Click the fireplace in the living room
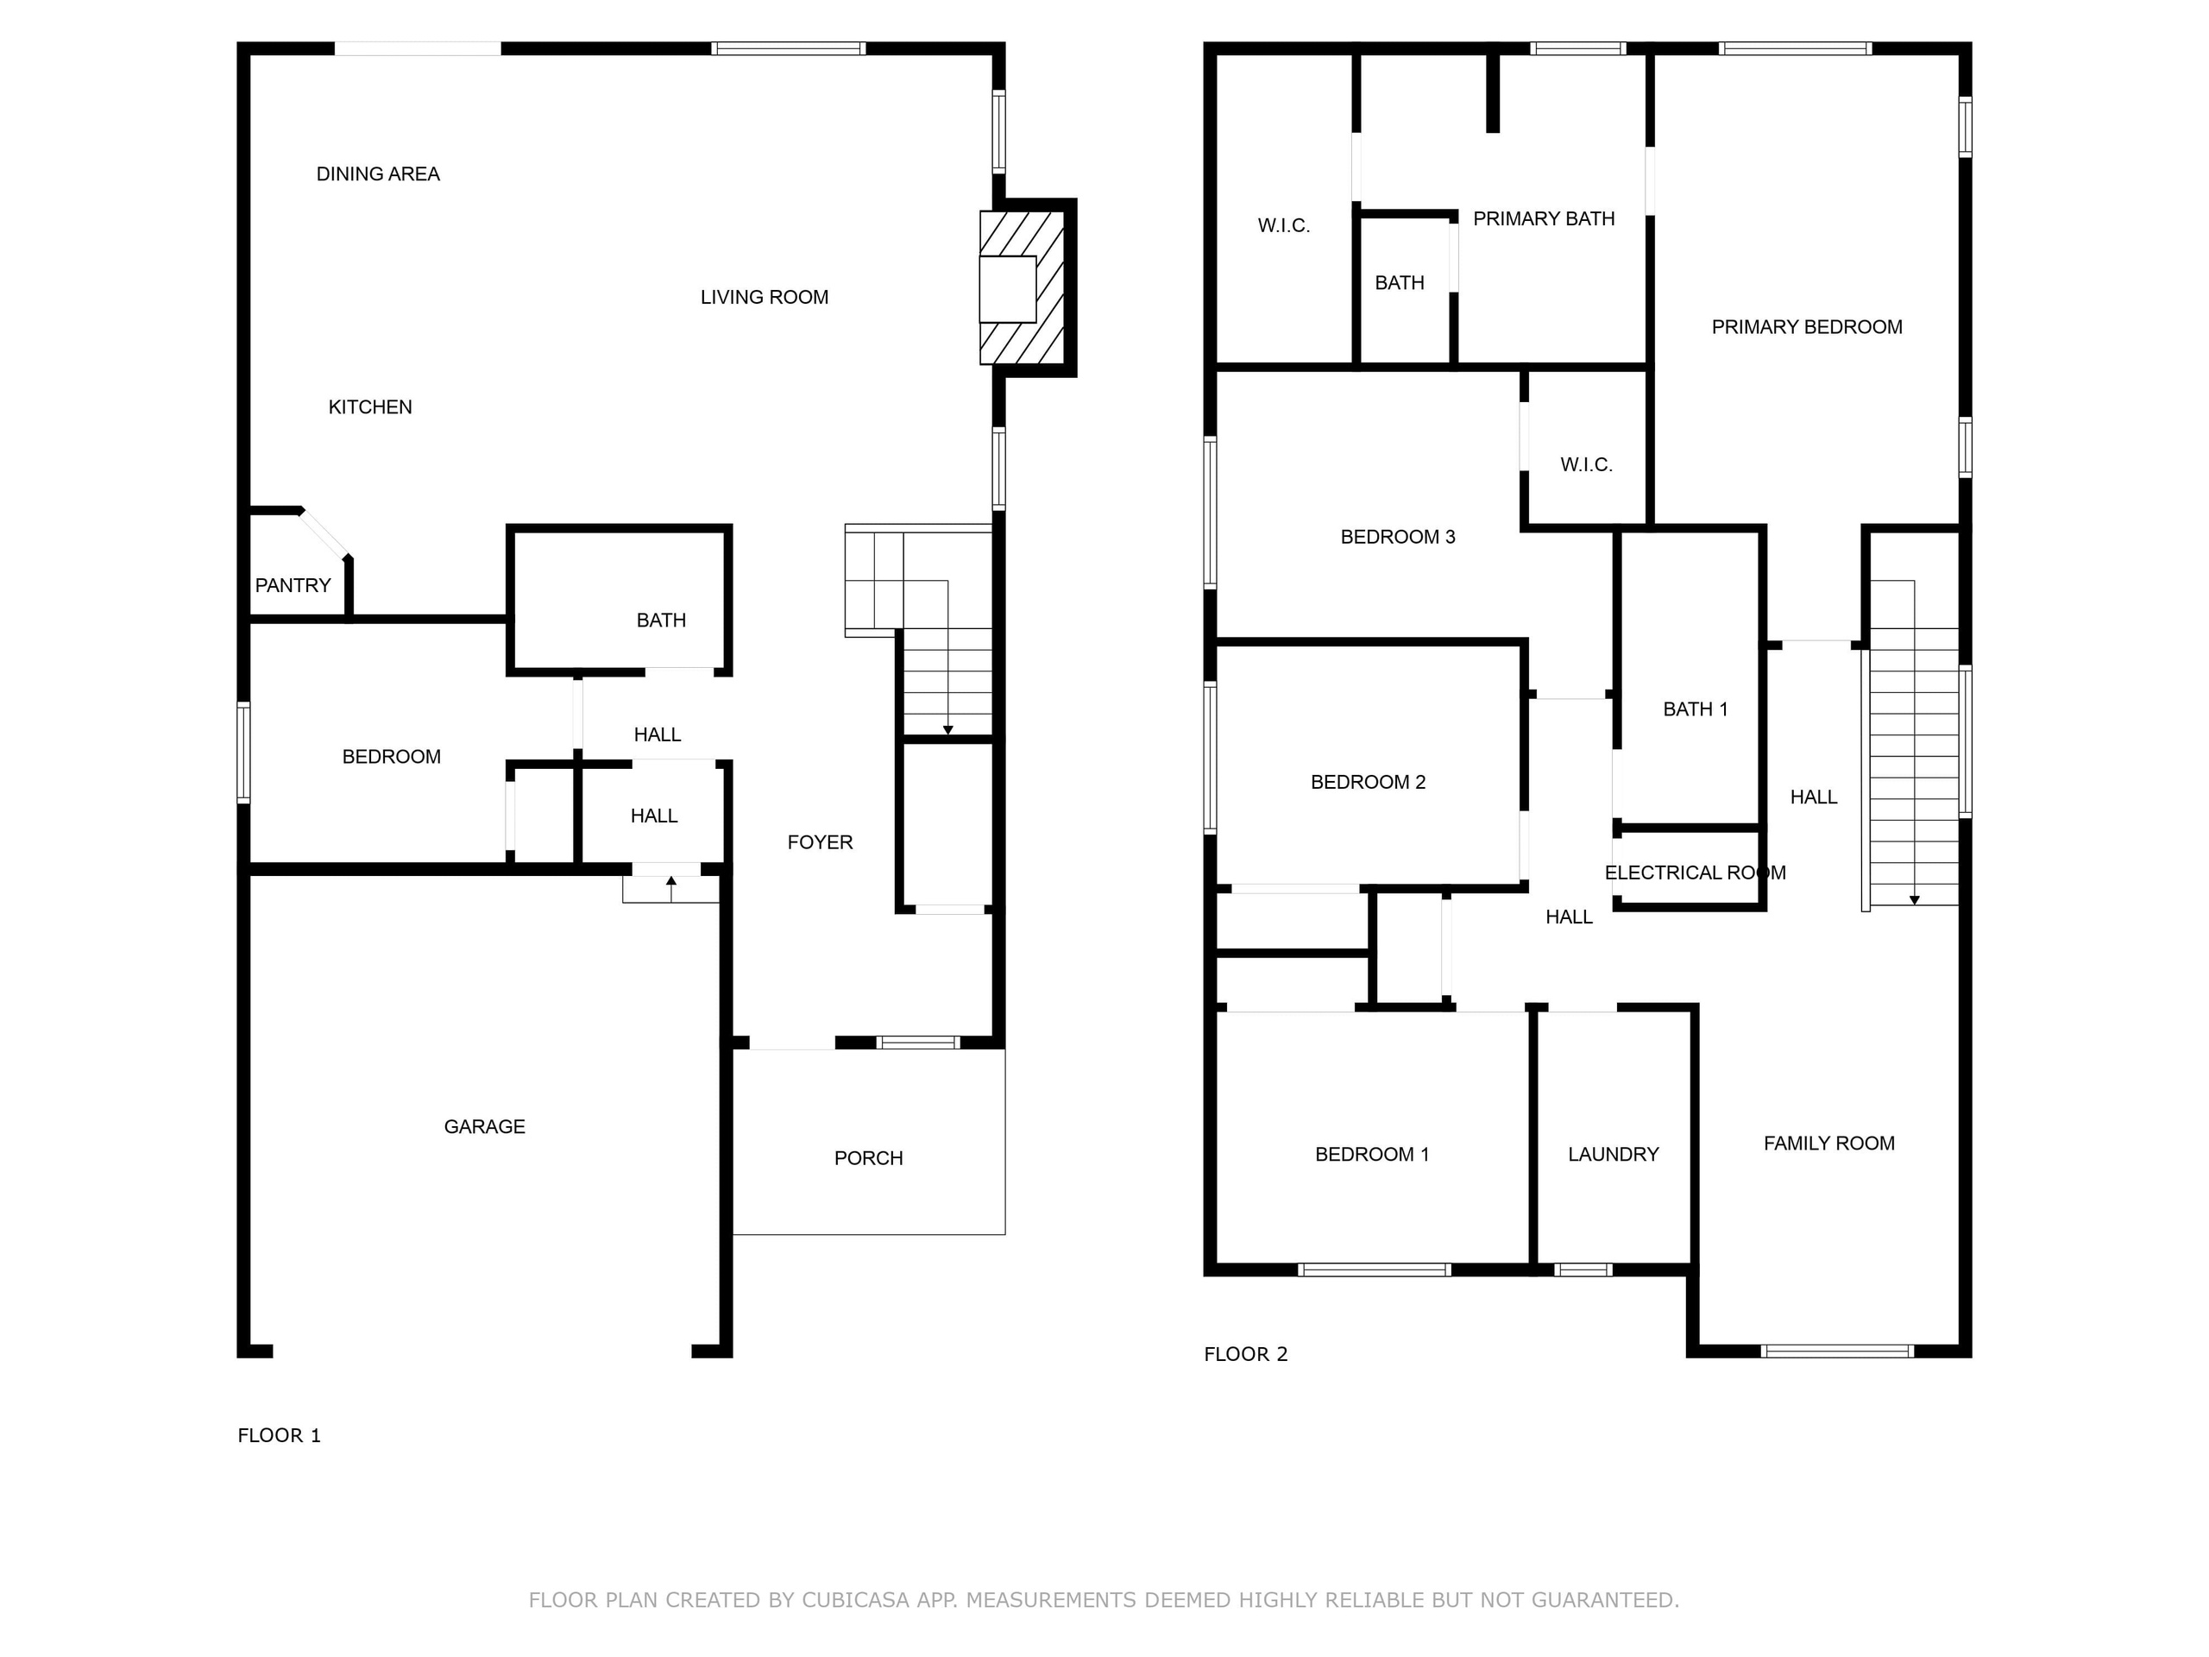pyautogui.click(x=1022, y=287)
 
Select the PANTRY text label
pyautogui.click(x=293, y=585)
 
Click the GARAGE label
pyautogui.click(x=484, y=1126)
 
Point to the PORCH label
pyautogui.click(x=869, y=1158)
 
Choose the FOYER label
pyautogui.click(x=820, y=842)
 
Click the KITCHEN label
pyautogui.click(x=370, y=406)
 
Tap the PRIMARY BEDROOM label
pyautogui.click(x=1807, y=326)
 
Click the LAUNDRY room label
pyautogui.click(x=1613, y=1155)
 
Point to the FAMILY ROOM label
pyautogui.click(x=1828, y=1144)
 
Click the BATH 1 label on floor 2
pyautogui.click(x=1695, y=709)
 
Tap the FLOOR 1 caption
pyautogui.click(x=279, y=1435)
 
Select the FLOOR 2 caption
pyautogui.click(x=1245, y=1354)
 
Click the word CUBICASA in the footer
pyautogui.click(x=855, y=1600)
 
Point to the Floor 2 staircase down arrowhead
pyautogui.click(x=1915, y=900)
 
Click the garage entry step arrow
pyautogui.click(x=671, y=889)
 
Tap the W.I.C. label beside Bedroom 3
pyautogui.click(x=1586, y=464)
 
